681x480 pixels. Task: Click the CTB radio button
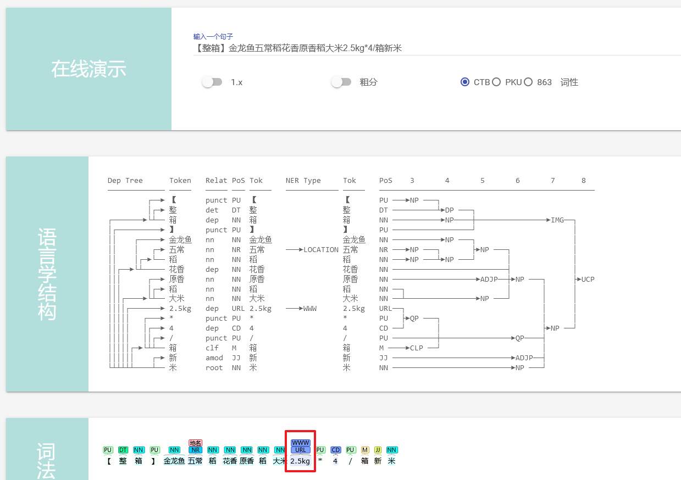465,82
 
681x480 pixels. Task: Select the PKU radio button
496,82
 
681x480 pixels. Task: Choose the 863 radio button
528,82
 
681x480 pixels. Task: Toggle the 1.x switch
212,82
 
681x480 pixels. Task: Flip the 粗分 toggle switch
341,82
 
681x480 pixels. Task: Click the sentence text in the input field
297,48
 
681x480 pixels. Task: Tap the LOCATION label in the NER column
321,249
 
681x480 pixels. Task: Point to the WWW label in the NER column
310,309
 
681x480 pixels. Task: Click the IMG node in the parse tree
557,220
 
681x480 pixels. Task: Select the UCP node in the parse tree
588,279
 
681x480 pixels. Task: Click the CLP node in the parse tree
417,348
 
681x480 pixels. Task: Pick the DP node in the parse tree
449,210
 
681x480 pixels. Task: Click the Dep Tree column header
125,180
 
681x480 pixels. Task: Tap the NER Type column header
303,180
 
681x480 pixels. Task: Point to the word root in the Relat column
214,367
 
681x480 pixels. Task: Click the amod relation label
214,358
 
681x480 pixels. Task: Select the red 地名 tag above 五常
195,443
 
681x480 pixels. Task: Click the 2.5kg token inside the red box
300,461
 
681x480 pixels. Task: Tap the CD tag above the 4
335,450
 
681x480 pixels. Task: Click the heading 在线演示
88,69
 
